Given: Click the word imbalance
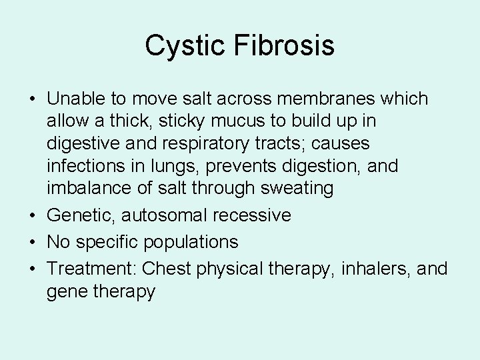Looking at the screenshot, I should coord(88,188).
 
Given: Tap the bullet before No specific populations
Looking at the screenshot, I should coord(32,241).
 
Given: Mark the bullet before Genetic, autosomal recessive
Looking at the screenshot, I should coord(32,215).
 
